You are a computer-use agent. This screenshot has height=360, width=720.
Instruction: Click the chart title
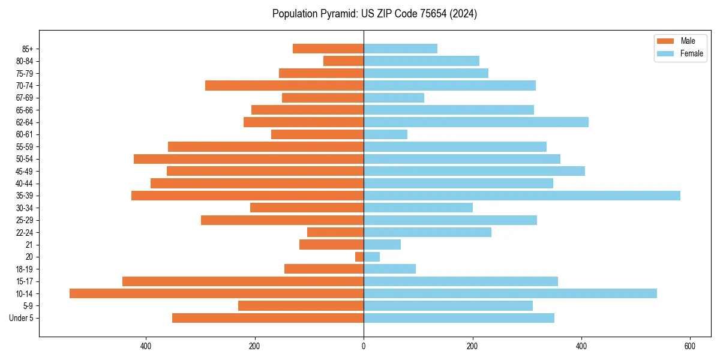pos(374,14)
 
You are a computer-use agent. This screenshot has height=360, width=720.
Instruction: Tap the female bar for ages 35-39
pos(522,196)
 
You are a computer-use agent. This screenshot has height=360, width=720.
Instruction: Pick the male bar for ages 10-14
pos(217,293)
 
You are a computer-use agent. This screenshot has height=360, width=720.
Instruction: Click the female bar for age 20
pos(371,257)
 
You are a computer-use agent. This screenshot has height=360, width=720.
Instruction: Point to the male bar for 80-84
pos(343,61)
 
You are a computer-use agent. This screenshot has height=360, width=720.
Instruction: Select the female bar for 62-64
pos(476,122)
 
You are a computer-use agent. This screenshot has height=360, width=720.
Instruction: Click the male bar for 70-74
pos(284,85)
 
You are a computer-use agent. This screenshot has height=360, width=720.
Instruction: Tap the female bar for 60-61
pos(385,134)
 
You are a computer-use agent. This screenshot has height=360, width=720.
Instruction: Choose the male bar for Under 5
pos(268,318)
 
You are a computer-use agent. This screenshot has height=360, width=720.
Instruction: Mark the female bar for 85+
pos(400,49)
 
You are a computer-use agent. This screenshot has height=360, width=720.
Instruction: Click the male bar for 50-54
pos(248,159)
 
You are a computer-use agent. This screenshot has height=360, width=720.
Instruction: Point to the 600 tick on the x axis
pos(690,346)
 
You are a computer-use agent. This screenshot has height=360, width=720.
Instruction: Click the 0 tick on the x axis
pos(364,346)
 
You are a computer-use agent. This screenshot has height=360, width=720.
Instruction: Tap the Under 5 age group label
pos(21,318)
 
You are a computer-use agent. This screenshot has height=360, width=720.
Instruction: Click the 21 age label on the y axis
pos(29,245)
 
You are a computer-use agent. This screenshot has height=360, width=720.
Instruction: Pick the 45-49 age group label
pos(25,171)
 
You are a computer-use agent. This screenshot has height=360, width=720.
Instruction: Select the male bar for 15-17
pos(243,281)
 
